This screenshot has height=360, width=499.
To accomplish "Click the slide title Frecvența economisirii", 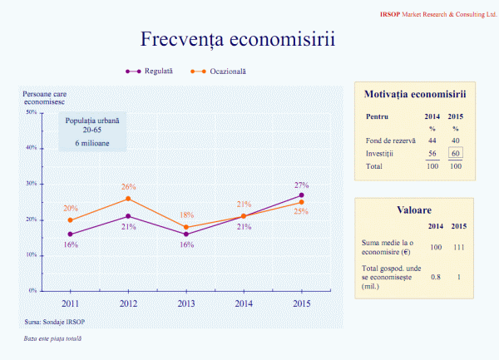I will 238,40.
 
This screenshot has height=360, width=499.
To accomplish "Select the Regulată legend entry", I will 157,72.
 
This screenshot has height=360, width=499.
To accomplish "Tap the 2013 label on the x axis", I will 186,303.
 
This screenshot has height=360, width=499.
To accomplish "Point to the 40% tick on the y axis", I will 31,148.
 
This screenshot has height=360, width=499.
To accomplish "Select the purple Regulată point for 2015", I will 301,195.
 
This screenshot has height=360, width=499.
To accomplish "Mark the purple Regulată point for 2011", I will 71,234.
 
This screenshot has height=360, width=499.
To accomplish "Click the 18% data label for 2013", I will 186,215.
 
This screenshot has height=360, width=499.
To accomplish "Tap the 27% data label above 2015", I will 301,185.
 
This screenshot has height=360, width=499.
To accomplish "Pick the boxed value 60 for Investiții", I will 456,153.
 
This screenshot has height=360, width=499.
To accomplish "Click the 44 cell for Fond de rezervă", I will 432,141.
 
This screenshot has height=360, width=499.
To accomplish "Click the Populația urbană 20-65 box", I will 96,132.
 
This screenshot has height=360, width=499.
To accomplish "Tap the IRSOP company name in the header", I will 391,15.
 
